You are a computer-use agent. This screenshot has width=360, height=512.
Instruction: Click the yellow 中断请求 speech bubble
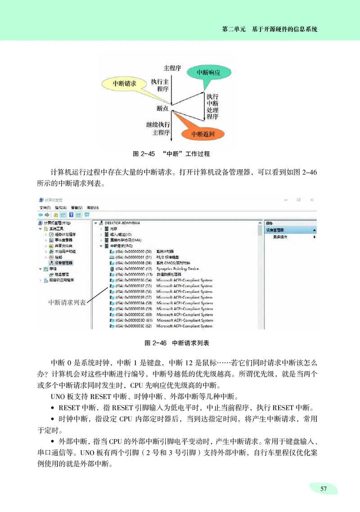click(x=125, y=84)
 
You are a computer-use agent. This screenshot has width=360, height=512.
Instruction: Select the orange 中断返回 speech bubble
click(x=202, y=134)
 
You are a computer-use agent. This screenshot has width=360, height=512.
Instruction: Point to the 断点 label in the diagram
click(x=162, y=108)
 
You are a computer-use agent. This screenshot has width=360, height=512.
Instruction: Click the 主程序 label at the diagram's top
click(x=172, y=68)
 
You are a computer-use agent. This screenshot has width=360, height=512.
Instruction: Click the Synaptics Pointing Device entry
click(x=177, y=269)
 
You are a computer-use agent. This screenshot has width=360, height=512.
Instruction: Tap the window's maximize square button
click(x=298, y=200)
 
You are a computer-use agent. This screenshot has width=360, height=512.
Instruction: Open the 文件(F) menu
click(x=45, y=208)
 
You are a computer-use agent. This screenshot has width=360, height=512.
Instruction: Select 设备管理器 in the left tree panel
click(x=63, y=263)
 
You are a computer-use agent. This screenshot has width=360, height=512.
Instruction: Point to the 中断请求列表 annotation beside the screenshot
click(x=67, y=302)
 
